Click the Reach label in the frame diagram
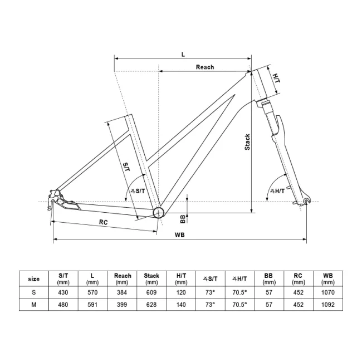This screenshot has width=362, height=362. pyautogui.click(x=204, y=67)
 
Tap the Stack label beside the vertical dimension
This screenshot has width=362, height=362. pyautogui.click(x=247, y=142)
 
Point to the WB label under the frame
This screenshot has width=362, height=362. pyautogui.click(x=179, y=235)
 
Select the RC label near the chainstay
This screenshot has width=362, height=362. pyautogui.click(x=103, y=222)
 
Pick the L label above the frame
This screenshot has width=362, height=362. pyautogui.click(x=183, y=54)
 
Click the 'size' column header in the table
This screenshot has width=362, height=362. pyautogui.click(x=33, y=278)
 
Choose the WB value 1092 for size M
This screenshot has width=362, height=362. pyautogui.click(x=327, y=305)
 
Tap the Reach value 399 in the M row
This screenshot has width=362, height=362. pyautogui.click(x=123, y=305)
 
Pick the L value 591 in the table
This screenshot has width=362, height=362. pyautogui.click(x=93, y=305)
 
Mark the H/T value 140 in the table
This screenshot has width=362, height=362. pyautogui.click(x=181, y=305)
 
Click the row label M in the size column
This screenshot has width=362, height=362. pyautogui.click(x=33, y=305)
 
